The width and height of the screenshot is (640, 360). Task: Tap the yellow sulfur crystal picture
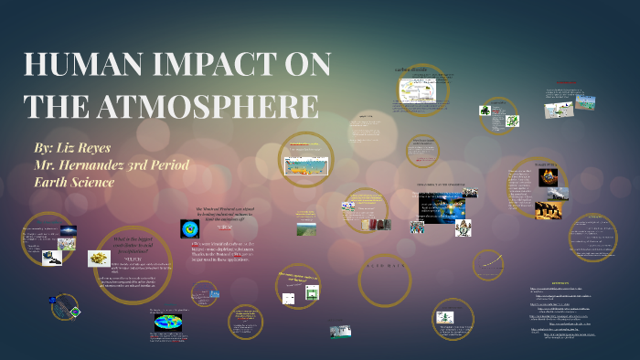pyautogui.click(x=99, y=259)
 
